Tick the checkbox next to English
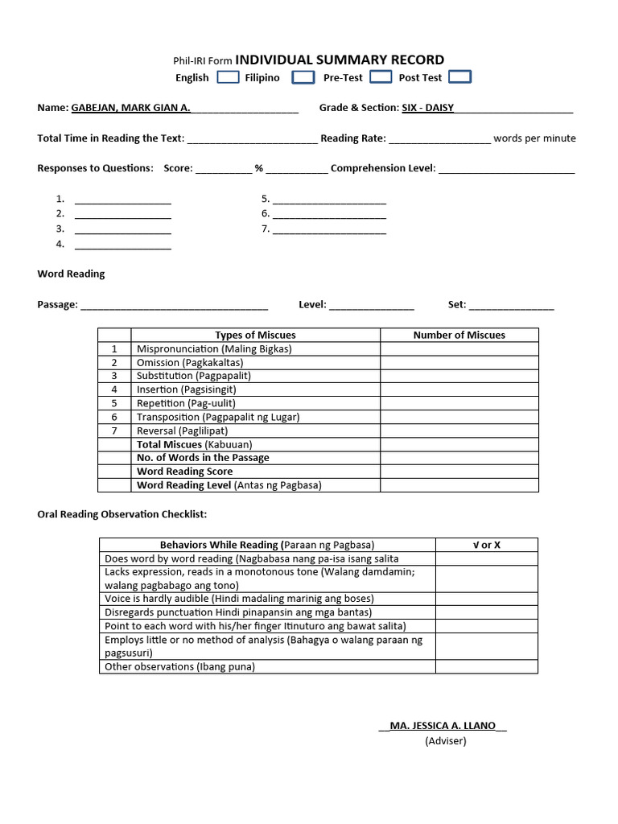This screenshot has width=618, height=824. click(x=228, y=77)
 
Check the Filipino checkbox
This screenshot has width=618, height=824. click(x=303, y=77)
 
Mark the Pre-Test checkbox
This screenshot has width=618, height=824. click(x=381, y=77)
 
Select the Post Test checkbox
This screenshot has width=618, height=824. click(x=459, y=77)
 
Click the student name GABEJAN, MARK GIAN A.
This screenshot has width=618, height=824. click(x=130, y=108)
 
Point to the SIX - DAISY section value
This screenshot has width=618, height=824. click(x=427, y=108)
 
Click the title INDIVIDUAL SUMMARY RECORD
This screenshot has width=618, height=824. click(x=340, y=60)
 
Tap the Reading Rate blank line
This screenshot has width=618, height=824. click(x=439, y=138)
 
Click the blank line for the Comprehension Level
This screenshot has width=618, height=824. click(x=506, y=169)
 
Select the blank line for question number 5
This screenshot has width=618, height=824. click(x=329, y=200)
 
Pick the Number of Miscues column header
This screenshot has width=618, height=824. click(x=459, y=335)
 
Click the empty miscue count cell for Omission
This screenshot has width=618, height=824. click(x=459, y=362)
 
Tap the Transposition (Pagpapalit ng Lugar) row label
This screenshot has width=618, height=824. click(x=217, y=417)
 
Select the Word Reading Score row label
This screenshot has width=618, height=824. click(x=184, y=472)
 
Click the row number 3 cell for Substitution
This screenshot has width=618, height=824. click(x=114, y=376)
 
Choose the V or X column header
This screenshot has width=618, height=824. click(x=486, y=545)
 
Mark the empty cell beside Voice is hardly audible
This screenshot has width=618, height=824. click(x=486, y=599)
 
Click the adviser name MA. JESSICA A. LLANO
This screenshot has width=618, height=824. click(x=443, y=726)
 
